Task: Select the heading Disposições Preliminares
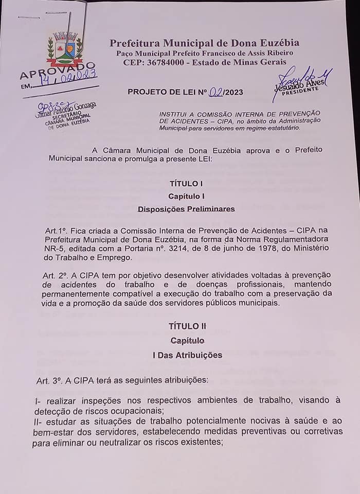click(186, 209)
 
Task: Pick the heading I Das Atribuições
click(187, 355)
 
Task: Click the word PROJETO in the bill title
click(146, 92)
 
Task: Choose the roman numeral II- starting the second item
click(38, 421)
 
